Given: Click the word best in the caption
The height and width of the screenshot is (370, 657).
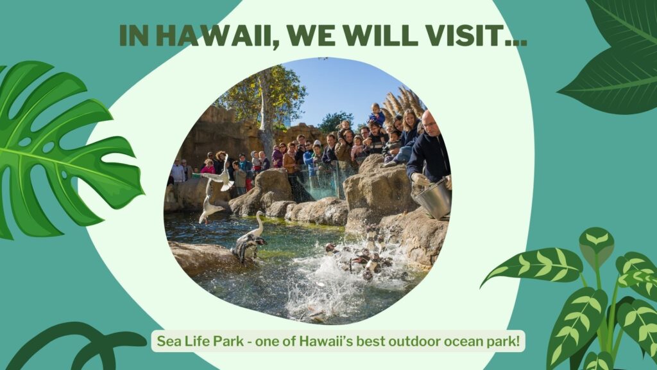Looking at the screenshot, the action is [370, 341].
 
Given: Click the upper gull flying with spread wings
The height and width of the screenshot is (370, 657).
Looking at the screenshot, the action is [219, 175].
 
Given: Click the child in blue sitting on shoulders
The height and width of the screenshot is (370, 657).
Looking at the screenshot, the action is [377, 114].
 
